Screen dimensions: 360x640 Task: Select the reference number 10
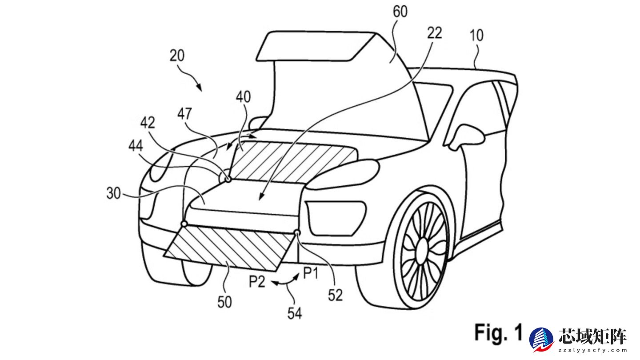476,36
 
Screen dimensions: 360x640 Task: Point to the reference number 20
177,56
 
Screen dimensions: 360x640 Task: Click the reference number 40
243,97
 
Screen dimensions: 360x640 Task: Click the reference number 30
115,194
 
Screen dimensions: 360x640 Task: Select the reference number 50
224,302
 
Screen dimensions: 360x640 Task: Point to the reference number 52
336,295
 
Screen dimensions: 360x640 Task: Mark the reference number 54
294,314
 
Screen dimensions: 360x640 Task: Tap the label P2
257,282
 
